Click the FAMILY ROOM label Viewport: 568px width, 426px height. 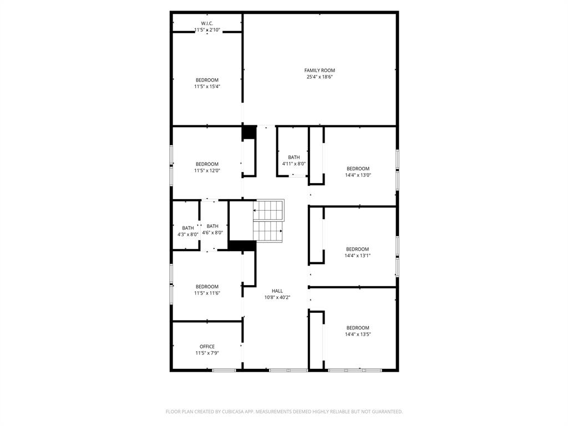point(319,70)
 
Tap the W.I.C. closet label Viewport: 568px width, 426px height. point(207,23)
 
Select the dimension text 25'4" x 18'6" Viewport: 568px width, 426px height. point(319,77)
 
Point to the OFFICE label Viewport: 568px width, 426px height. point(207,347)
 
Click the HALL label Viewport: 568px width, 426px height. point(277,291)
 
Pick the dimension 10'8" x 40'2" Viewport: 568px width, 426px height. point(277,297)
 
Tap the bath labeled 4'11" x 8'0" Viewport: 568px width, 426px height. point(293,160)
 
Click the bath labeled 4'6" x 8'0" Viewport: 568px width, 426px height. point(213,229)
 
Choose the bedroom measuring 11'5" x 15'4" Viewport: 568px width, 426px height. point(207,83)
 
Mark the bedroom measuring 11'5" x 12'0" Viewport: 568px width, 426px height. point(207,167)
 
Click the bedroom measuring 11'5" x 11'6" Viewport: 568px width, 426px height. point(207,290)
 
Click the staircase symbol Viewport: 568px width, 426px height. point(269,220)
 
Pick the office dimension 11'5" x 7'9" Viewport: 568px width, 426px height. point(207,353)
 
